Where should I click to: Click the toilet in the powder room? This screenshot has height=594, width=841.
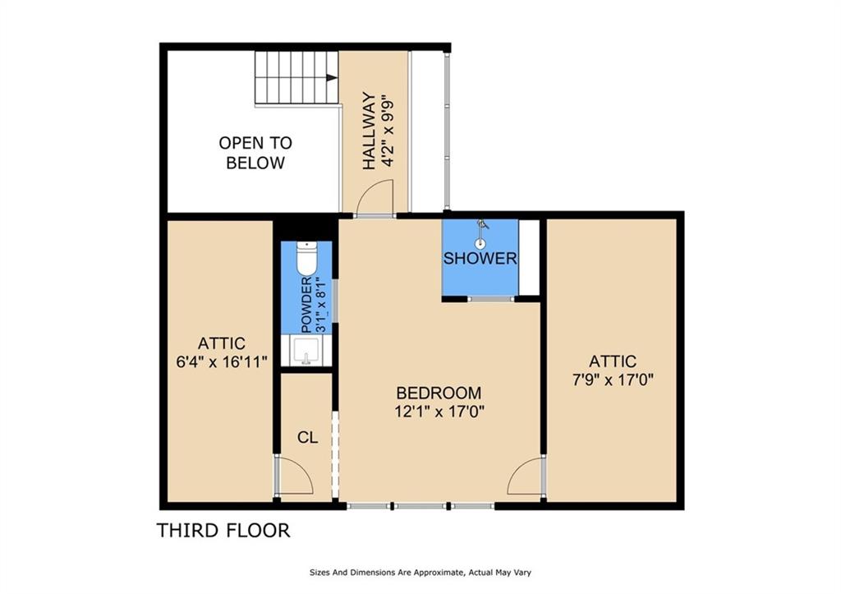click(307, 258)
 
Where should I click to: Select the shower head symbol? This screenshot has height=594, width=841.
click(481, 234)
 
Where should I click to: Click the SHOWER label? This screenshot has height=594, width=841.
click(480, 258)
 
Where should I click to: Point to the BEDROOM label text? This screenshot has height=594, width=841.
click(439, 393)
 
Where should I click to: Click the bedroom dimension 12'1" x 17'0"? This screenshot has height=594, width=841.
click(440, 412)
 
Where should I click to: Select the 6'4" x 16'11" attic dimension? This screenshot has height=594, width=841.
click(222, 362)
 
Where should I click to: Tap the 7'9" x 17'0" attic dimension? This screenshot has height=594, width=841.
click(613, 380)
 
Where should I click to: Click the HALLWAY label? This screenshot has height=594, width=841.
click(369, 131)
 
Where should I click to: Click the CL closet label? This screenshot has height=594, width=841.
click(307, 437)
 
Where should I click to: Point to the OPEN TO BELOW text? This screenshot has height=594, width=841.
click(255, 152)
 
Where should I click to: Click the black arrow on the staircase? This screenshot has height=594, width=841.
click(332, 78)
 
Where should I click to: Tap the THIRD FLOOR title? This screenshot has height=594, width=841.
click(223, 530)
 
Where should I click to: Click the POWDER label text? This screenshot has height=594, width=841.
click(306, 305)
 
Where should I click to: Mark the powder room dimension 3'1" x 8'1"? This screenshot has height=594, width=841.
click(321, 305)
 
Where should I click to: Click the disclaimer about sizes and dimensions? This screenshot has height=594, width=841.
click(420, 573)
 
